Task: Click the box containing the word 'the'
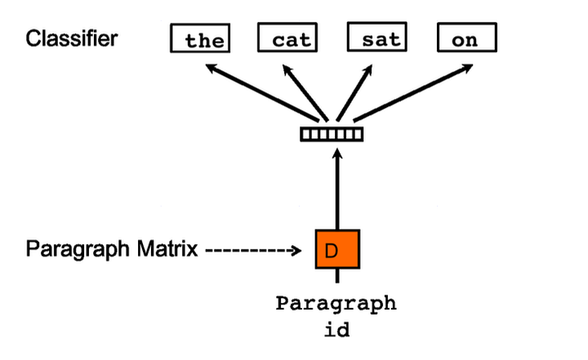pyautogui.click(x=198, y=39)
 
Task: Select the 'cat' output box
pyautogui.click(x=287, y=39)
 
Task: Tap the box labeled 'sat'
pyautogui.click(x=376, y=39)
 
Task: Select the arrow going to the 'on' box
pyautogui.click(x=408, y=91)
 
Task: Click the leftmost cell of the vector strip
pyautogui.click(x=306, y=134)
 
